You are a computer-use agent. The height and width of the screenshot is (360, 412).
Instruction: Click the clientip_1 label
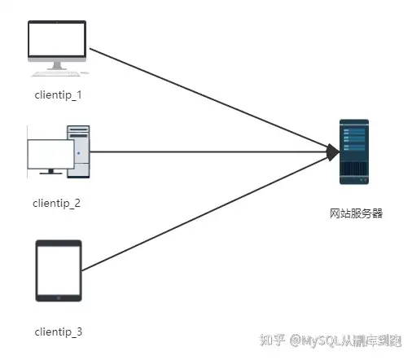point(58,95)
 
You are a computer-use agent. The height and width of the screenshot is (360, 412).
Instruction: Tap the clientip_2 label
point(56,204)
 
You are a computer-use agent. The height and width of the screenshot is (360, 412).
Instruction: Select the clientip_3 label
point(59,331)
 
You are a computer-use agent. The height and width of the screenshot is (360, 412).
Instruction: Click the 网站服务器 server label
point(356,213)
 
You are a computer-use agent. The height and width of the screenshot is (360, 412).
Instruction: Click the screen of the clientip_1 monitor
point(57,39)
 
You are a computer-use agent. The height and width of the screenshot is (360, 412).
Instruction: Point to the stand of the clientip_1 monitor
point(57,65)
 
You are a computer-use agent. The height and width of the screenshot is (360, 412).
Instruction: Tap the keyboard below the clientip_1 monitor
point(56,73)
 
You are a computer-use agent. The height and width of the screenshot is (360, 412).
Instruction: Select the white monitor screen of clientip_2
point(50,154)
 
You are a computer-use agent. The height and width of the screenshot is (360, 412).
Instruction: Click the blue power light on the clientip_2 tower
point(78,153)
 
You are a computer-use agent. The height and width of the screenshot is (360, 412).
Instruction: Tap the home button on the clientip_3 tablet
point(59,298)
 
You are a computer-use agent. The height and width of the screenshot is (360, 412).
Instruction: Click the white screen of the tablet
point(59,270)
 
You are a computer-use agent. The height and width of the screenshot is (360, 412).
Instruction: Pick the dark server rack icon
point(354,151)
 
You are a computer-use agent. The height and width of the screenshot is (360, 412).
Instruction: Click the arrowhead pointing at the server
point(333,152)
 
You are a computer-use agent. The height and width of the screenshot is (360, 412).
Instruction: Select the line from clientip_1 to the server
point(209,98)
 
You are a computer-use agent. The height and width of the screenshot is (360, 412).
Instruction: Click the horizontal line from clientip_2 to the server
point(209,152)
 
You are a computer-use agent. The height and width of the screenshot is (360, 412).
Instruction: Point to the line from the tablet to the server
point(205,213)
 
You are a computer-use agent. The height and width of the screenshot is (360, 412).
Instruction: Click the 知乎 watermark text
point(272,340)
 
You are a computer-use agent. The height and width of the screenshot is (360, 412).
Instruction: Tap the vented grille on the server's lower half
point(354,169)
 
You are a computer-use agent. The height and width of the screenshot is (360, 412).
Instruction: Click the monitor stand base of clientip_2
point(50,172)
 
